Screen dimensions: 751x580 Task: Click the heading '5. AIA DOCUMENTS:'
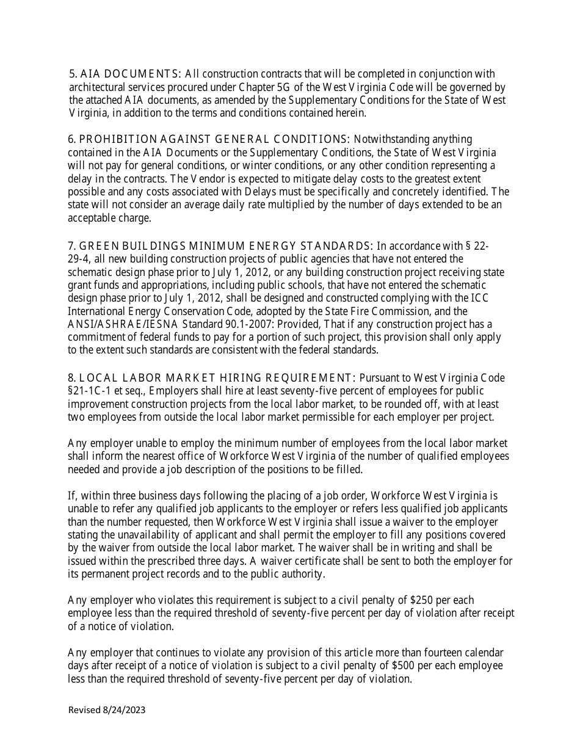coord(125,74)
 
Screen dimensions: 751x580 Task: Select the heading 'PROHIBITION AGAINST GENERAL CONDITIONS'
coord(214,139)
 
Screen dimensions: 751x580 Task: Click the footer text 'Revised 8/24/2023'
coord(107,709)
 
